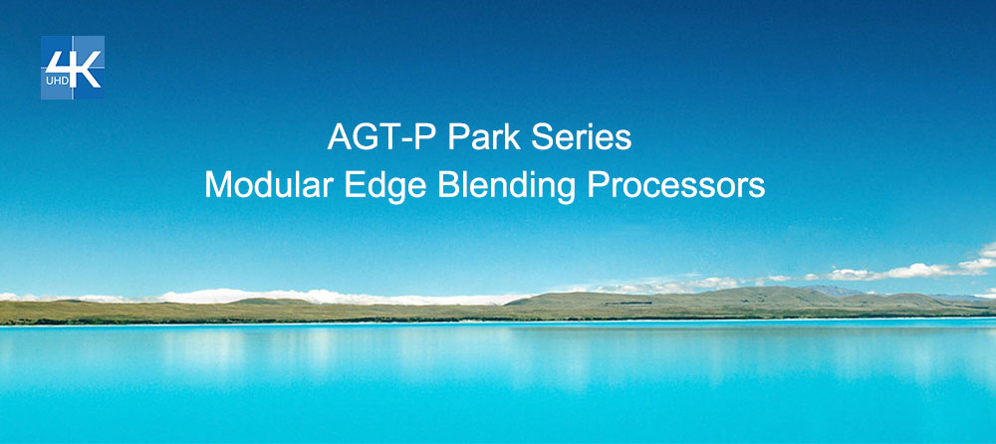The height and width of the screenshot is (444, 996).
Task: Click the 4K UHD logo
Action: tap(73, 68)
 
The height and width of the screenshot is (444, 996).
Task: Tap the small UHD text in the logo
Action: tap(57, 81)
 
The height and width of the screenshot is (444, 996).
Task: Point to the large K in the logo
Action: tap(87, 70)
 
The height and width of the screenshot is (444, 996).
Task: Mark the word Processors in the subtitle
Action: tap(676, 185)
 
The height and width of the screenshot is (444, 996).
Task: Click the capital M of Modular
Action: tap(218, 185)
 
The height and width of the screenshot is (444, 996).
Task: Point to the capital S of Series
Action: tap(542, 136)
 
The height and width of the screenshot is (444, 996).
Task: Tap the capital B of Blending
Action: tap(449, 185)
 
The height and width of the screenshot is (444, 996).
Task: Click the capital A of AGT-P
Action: tap(340, 136)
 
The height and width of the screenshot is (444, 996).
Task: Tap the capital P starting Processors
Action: tap(597, 185)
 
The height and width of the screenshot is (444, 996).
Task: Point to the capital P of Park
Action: tap(459, 136)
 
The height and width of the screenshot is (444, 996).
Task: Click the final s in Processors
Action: tap(757, 189)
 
